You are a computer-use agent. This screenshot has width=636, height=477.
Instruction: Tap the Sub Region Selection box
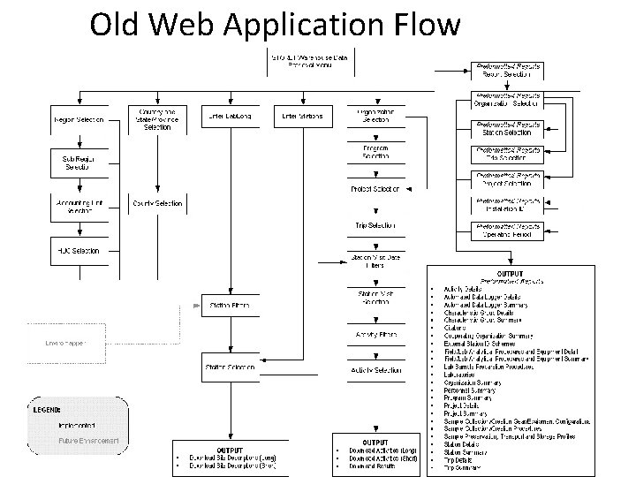click(79, 162)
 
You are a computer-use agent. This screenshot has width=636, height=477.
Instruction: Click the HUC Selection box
click(79, 250)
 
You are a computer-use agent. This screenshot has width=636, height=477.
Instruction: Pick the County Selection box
click(156, 203)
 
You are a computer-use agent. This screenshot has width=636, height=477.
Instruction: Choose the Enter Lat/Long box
click(228, 116)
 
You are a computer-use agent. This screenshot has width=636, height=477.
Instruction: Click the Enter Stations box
click(302, 116)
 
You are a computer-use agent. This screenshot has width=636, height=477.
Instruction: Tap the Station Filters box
click(227, 306)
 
